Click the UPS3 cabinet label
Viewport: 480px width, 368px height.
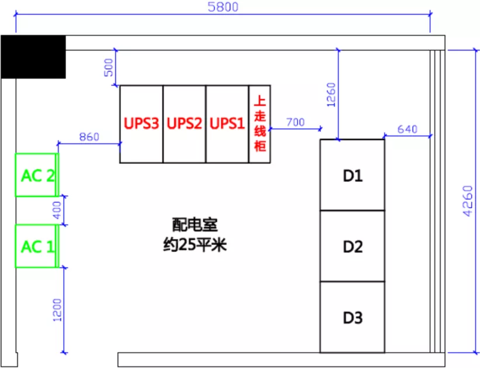pyautogui.click(x=141, y=124)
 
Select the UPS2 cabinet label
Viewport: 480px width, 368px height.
pyautogui.click(x=184, y=124)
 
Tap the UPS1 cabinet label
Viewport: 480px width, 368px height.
pyautogui.click(x=227, y=124)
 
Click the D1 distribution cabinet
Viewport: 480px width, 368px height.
pyautogui.click(x=352, y=175)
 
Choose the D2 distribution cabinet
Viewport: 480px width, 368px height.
pyautogui.click(x=352, y=246)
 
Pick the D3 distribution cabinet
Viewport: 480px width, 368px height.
pyautogui.click(x=352, y=318)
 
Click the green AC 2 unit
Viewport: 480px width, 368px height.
pyautogui.click(x=37, y=175)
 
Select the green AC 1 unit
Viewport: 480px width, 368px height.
pyautogui.click(x=37, y=246)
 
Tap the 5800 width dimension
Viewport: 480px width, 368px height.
pyautogui.click(x=222, y=8)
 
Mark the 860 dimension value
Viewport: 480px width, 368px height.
pyautogui.click(x=89, y=137)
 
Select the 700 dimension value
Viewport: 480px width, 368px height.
pyautogui.click(x=295, y=122)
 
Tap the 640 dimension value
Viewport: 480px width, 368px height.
pyautogui.click(x=407, y=129)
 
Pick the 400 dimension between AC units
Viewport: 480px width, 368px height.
pyautogui.click(x=57, y=211)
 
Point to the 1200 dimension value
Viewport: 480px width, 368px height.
pyautogui.click(x=57, y=310)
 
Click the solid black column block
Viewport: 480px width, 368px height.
pyautogui.click(x=33, y=56)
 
